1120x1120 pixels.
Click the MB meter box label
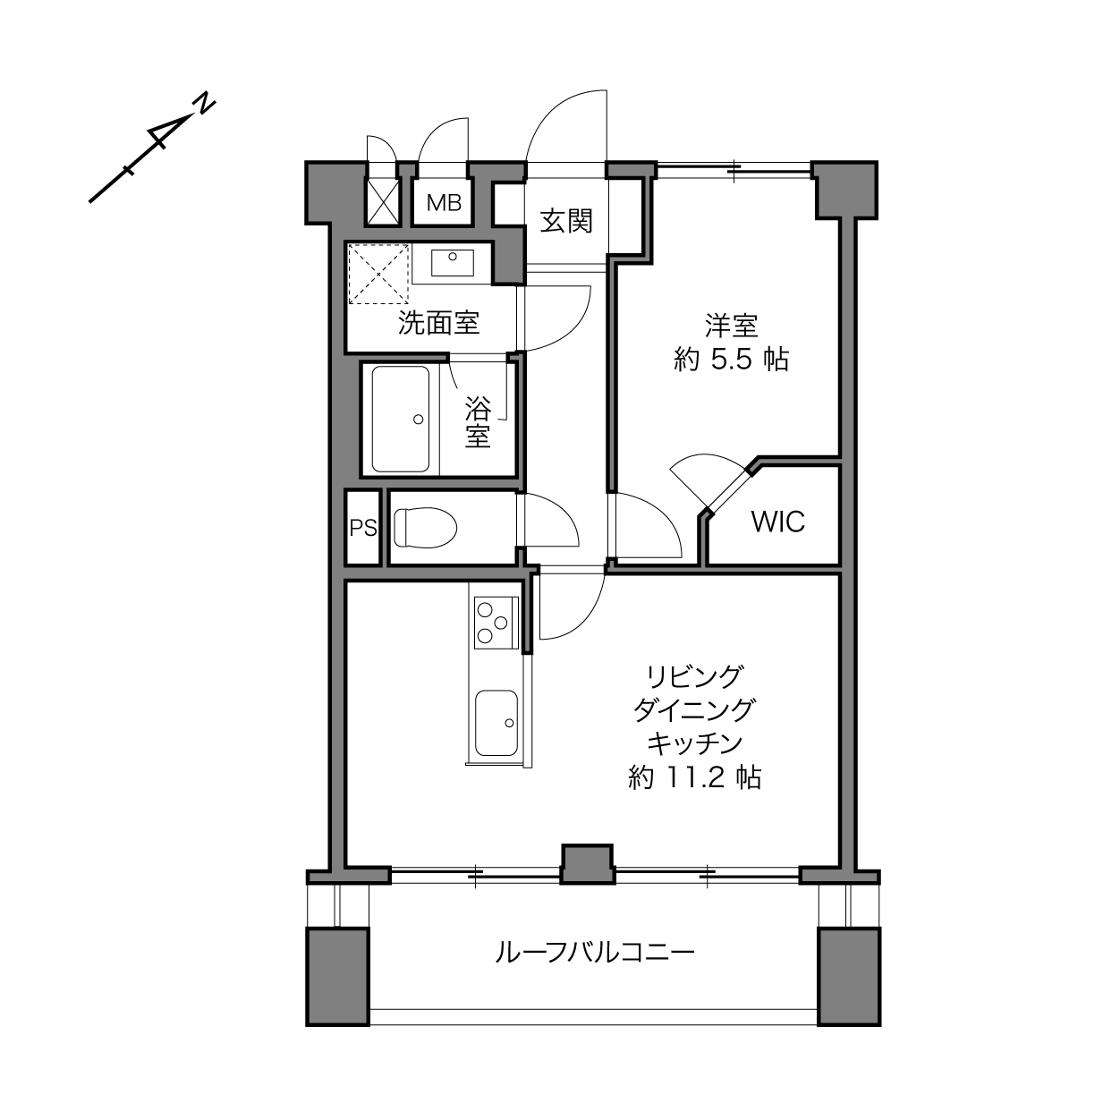point(444,203)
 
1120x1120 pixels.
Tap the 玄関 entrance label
point(566,221)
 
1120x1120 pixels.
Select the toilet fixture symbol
point(425,528)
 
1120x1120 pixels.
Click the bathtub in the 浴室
point(401,419)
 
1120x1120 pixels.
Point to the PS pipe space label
point(363,528)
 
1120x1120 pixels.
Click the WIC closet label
point(777,522)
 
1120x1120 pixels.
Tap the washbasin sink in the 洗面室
point(452,263)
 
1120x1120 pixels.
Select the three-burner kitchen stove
point(496,623)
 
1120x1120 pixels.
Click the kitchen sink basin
point(496,723)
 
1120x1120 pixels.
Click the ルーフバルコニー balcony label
point(595,952)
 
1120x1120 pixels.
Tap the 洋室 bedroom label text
point(731,326)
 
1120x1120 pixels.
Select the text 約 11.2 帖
point(694,777)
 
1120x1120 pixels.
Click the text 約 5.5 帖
point(731,360)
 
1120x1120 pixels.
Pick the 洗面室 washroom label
point(439,323)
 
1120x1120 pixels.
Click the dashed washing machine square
point(378,274)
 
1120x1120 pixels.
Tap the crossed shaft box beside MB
point(383,201)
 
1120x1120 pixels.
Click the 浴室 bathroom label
point(478,422)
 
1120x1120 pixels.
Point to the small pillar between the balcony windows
point(587,864)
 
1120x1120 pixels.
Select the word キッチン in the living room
point(694,743)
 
